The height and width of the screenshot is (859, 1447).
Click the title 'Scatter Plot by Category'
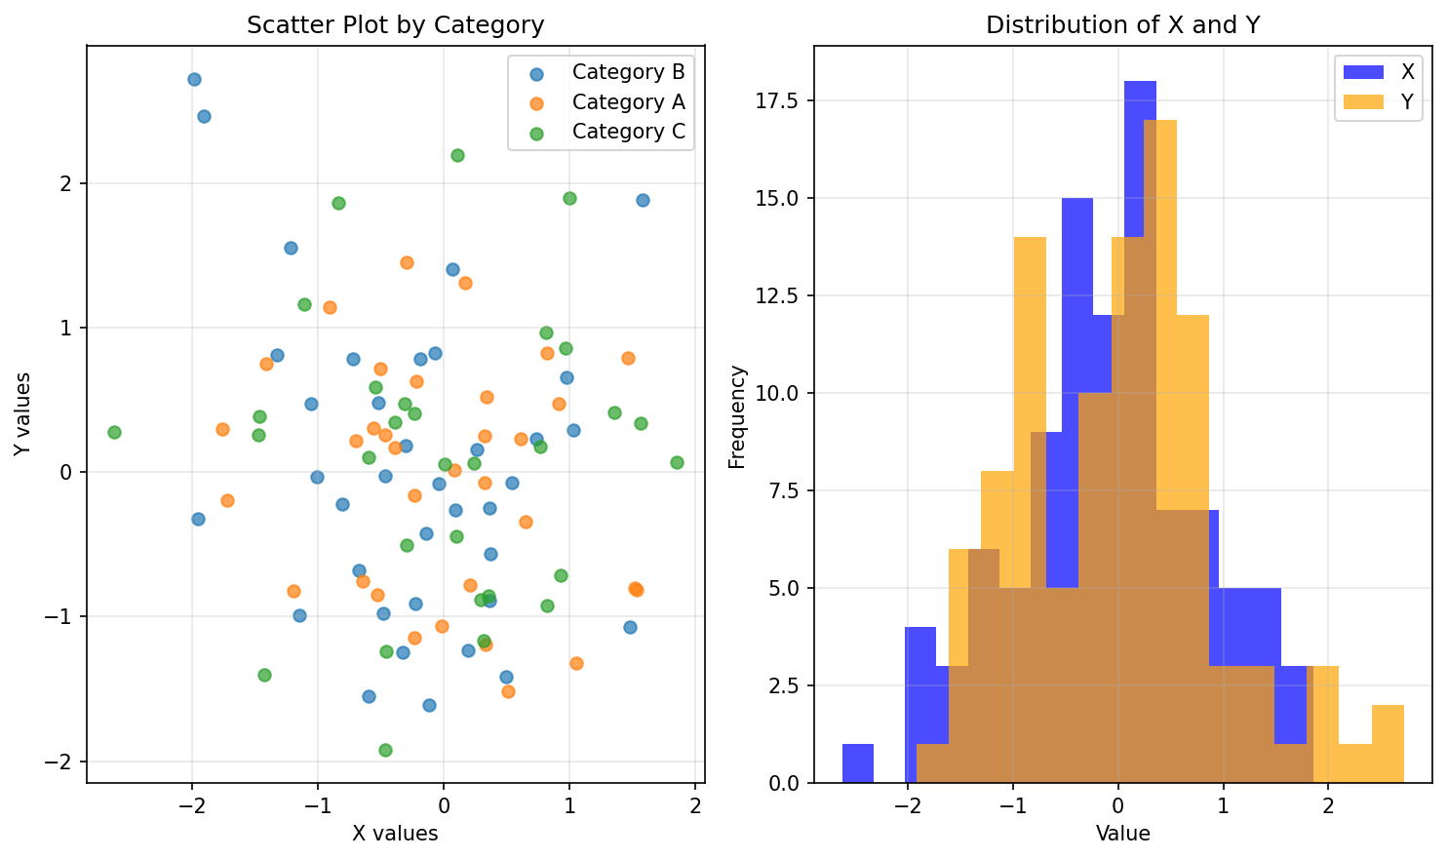(x=395, y=25)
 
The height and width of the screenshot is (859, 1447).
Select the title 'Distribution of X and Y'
(x=1122, y=25)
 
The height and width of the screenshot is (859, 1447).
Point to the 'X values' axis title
(x=395, y=834)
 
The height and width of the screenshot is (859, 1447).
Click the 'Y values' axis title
(x=22, y=414)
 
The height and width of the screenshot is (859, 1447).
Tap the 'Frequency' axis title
(x=737, y=416)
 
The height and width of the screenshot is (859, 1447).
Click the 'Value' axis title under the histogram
(x=1122, y=834)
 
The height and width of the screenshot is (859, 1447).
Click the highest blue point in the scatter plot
(x=194, y=80)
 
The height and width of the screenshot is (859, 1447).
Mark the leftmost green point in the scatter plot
(x=114, y=432)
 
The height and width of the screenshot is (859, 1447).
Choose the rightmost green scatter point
(x=677, y=462)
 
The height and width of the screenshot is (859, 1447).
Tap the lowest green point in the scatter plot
(x=385, y=750)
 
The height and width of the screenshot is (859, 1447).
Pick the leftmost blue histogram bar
(x=858, y=763)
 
